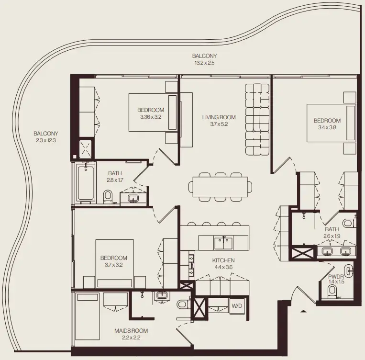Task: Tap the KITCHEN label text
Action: click(x=223, y=260)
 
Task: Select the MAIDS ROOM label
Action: click(x=131, y=331)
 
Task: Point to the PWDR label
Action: click(x=336, y=276)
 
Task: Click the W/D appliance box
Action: click(x=237, y=305)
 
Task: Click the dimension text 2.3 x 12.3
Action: click(x=46, y=140)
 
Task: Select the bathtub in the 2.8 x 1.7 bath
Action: click(x=85, y=182)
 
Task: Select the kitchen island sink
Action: click(x=223, y=243)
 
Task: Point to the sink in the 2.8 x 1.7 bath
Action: click(x=133, y=198)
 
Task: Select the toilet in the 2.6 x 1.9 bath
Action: click(x=348, y=223)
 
